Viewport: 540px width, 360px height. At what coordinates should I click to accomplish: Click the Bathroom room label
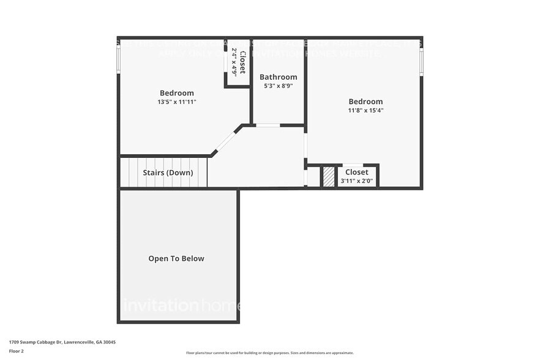click(278, 77)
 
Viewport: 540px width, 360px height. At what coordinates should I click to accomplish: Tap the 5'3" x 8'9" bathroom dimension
click(278, 86)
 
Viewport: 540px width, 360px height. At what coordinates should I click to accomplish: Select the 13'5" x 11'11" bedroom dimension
click(176, 102)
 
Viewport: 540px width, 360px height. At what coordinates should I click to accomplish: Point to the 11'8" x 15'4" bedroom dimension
click(366, 110)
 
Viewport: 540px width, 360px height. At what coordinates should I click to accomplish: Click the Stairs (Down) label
click(168, 173)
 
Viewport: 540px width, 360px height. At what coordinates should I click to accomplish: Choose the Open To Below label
click(176, 258)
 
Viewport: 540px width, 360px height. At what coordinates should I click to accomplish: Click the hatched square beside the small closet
click(329, 177)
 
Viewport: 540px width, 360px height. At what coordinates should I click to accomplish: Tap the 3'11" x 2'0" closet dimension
click(356, 181)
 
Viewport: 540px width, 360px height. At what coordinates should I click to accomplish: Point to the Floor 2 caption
click(17, 351)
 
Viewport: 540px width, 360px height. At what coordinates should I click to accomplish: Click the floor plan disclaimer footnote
click(269, 353)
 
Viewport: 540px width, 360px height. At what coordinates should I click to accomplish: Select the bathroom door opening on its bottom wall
click(267, 125)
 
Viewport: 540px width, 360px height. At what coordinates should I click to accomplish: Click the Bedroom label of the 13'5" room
click(176, 93)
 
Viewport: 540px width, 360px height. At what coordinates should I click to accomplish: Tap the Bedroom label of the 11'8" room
click(366, 102)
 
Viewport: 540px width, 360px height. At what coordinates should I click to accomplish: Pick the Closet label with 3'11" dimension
click(356, 172)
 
